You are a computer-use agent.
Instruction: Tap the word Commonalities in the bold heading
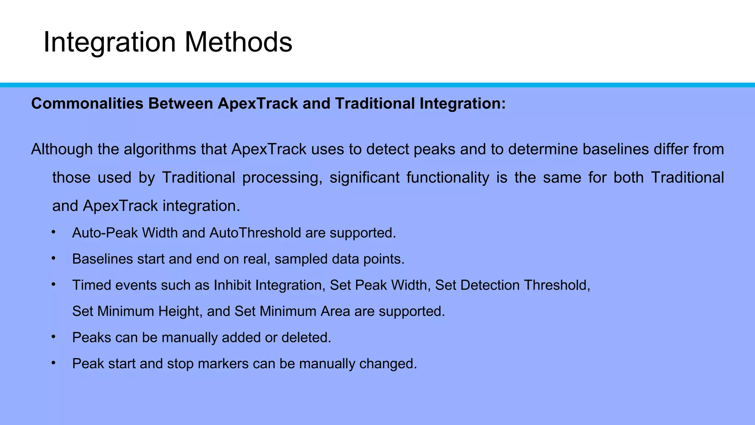pyautogui.click(x=87, y=104)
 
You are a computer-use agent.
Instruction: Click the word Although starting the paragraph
pyautogui.click(x=62, y=149)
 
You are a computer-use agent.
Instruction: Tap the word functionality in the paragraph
pyautogui.click(x=448, y=178)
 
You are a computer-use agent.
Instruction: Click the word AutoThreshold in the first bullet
pyautogui.click(x=255, y=233)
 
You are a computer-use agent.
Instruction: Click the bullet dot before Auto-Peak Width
pyautogui.click(x=53, y=232)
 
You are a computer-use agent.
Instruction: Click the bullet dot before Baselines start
pyautogui.click(x=53, y=258)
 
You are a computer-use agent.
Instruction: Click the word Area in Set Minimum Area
pyautogui.click(x=335, y=312)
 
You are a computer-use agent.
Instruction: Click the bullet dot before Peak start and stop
pyautogui.click(x=53, y=363)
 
